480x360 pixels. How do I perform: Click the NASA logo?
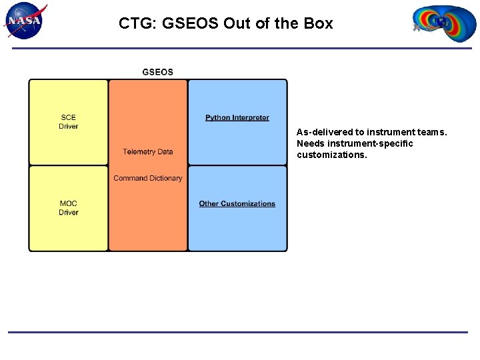pyautogui.click(x=25, y=21)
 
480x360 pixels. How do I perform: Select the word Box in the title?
pyautogui.click(x=319, y=23)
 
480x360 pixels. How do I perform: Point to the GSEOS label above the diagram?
pyautogui.click(x=157, y=72)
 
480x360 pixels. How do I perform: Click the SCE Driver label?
pyautogui.click(x=68, y=122)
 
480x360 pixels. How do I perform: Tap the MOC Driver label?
pyautogui.click(x=68, y=208)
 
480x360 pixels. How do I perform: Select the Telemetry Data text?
pyautogui.click(x=147, y=152)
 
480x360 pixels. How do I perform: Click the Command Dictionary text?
pyautogui.click(x=147, y=178)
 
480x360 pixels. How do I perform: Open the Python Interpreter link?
pyautogui.click(x=237, y=118)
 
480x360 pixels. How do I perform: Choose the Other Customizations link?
pyautogui.click(x=237, y=204)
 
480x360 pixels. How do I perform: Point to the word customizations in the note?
pyautogui.click(x=331, y=155)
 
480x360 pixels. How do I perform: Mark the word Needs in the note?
pyautogui.click(x=311, y=143)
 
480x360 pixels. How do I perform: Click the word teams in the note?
pyautogui.click(x=433, y=132)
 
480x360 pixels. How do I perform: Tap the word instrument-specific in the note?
pyautogui.click(x=371, y=143)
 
